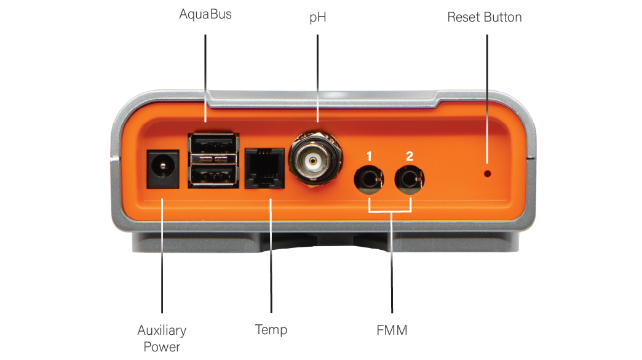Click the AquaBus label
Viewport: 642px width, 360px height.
(205, 15)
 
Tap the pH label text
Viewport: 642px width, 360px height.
(318, 18)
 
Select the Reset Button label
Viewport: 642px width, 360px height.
(485, 17)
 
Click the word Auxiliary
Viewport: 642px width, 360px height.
(162, 330)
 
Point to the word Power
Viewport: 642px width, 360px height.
(162, 347)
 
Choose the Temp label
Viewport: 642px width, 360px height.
(271, 330)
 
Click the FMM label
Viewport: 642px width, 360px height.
(392, 330)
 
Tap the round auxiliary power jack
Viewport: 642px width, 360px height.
(163, 169)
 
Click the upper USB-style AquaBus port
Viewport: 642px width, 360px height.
(213, 144)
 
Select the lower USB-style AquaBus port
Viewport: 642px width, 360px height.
(213, 175)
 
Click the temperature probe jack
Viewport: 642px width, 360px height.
(264, 169)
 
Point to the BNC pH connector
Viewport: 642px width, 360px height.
(315, 159)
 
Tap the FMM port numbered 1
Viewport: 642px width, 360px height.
(368, 180)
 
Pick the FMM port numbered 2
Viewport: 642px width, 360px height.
(409, 180)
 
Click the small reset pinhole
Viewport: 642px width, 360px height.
(487, 174)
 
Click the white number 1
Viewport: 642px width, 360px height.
(370, 156)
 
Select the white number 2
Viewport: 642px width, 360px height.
(410, 156)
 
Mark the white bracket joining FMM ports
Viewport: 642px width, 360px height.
(390, 205)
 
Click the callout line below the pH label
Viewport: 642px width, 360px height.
(318, 78)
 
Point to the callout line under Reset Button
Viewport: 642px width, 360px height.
(487, 99)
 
